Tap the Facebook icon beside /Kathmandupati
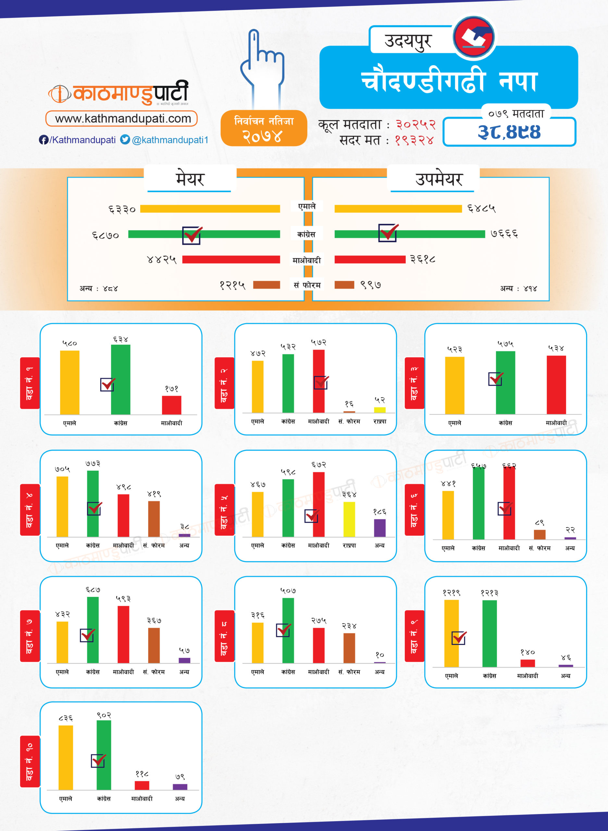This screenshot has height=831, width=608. (x=43, y=140)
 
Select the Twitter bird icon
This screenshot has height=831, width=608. (x=125, y=140)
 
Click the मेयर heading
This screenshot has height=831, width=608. (x=190, y=179)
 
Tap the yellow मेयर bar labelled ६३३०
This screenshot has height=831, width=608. (x=210, y=209)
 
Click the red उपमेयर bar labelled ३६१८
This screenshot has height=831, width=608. (x=369, y=259)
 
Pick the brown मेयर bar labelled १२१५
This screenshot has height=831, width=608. (x=267, y=285)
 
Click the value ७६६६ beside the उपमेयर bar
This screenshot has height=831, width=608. (x=504, y=234)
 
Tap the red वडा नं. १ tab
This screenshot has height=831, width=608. (x=30, y=383)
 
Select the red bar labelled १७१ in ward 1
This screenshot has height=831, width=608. (x=171, y=405)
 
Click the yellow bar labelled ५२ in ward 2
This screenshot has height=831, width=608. (x=379, y=410)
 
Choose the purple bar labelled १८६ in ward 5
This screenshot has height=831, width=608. (x=379, y=528)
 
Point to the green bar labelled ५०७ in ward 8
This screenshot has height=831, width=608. (x=288, y=630)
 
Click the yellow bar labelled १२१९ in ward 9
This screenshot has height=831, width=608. (x=451, y=633)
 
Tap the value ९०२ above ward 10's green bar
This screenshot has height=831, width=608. (x=104, y=715)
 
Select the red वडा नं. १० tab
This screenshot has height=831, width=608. (x=30, y=762)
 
